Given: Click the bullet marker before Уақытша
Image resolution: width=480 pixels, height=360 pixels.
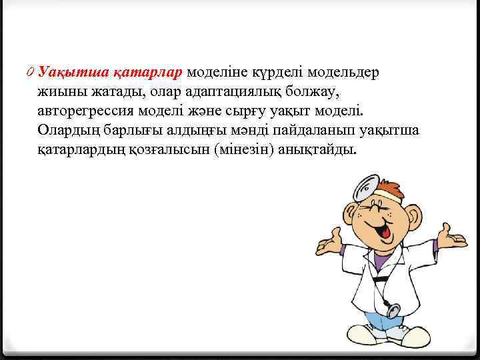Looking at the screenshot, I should tap(33, 71).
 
